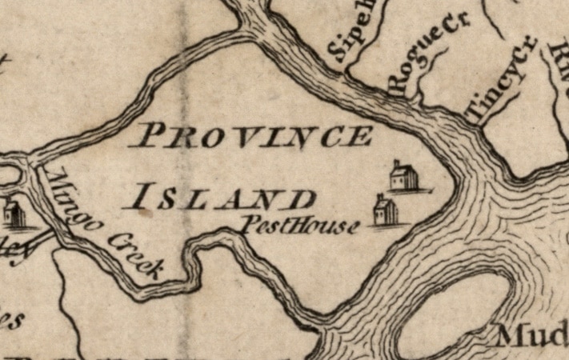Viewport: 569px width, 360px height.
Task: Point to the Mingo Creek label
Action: (102, 224)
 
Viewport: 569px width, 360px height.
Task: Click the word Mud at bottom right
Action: (532, 334)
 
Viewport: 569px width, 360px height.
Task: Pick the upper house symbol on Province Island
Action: (403, 176)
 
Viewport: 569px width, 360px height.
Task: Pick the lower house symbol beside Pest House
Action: (386, 210)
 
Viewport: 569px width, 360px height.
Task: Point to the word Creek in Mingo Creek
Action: (136, 254)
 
